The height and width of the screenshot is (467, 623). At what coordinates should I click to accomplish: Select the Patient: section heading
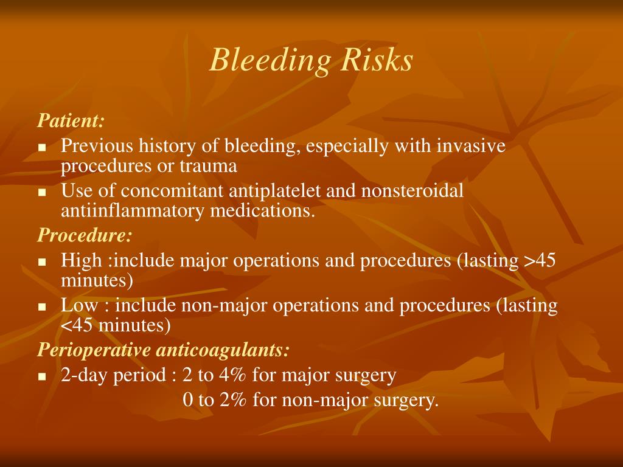point(71,120)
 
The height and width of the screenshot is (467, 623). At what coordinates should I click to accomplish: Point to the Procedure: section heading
point(85,234)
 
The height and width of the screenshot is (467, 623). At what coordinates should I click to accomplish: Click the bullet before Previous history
point(43,148)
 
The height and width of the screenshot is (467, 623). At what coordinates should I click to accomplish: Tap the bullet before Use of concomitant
point(43,192)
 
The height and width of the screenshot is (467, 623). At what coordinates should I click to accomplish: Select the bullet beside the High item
point(43,262)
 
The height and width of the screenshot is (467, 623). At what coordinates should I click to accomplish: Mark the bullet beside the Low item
point(43,307)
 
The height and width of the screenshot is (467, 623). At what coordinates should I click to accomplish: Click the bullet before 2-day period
point(43,376)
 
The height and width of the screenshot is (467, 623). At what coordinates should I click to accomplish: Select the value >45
point(540,261)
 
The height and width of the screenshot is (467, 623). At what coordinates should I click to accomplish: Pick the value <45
point(77,325)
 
